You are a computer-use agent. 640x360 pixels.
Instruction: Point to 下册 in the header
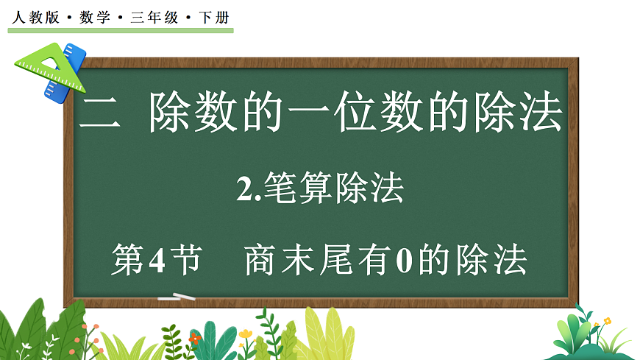[214, 17]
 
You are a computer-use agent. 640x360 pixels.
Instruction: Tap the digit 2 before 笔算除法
[244, 191]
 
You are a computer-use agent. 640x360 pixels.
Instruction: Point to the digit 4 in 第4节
[160, 261]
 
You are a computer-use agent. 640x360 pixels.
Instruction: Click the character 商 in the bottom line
[260, 260]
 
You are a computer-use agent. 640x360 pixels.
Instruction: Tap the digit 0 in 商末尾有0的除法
[402, 261]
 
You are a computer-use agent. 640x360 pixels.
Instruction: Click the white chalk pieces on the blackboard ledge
[177, 297]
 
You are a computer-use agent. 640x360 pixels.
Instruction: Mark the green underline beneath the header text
[121, 30]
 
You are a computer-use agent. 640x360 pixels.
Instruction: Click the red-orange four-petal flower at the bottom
[194, 337]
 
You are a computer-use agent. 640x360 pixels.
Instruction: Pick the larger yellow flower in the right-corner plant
[607, 321]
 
